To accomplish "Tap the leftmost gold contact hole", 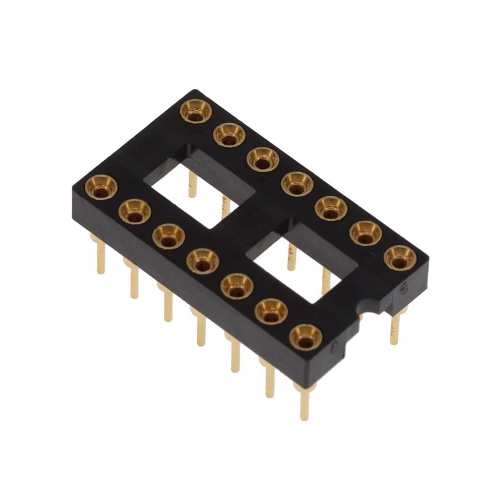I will click(x=101, y=186).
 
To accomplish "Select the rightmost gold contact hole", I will click(x=400, y=257).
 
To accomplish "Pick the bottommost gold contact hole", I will click(x=306, y=337).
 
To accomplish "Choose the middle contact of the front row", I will click(x=203, y=260).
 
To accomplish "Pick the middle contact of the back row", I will click(x=298, y=183).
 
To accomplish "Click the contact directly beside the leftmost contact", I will click(x=134, y=211).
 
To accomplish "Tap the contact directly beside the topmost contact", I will click(x=230, y=134).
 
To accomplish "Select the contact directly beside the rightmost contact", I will click(x=366, y=233).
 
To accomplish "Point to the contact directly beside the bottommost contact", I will click(x=272, y=311).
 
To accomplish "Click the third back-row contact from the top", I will click(x=263, y=158).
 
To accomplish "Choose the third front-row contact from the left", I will click(x=169, y=236).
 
